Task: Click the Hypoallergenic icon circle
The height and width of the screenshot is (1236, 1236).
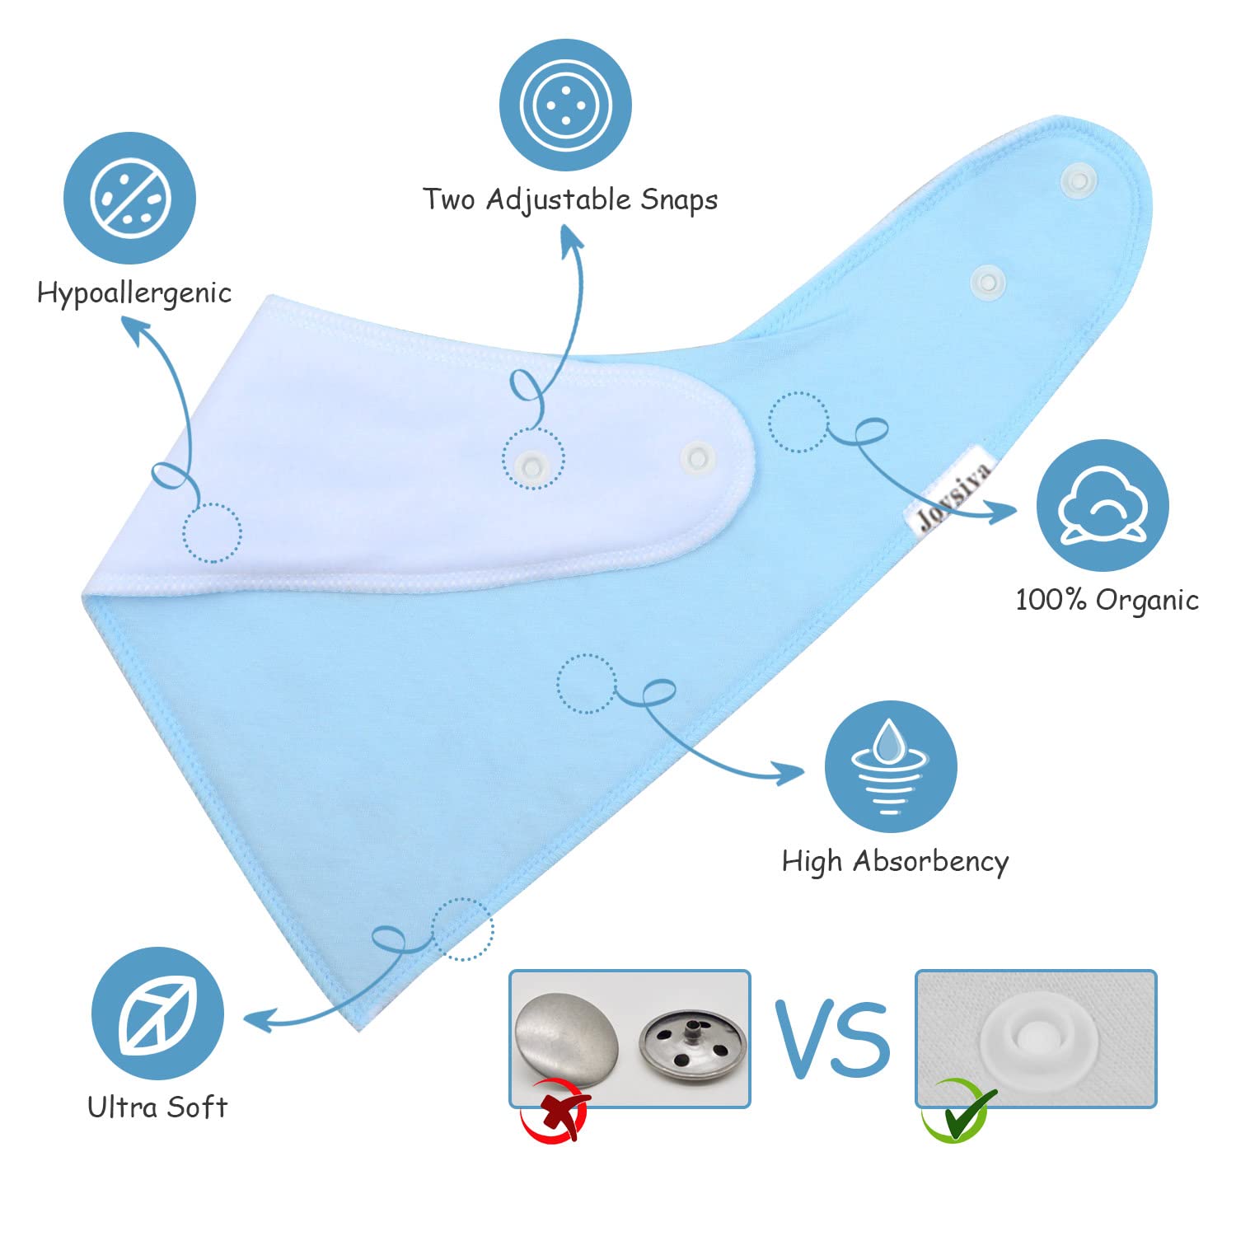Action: pyautogui.click(x=130, y=199)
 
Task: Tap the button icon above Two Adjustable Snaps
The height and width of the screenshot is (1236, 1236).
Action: pyautogui.click(x=565, y=105)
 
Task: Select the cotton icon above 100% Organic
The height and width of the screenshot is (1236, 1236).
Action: pyautogui.click(x=1103, y=506)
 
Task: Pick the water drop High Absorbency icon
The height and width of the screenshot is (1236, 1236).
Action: pyautogui.click(x=891, y=767)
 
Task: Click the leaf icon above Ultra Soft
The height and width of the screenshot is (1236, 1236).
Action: pyautogui.click(x=157, y=1014)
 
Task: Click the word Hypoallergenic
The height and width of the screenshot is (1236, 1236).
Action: pyautogui.click(x=134, y=294)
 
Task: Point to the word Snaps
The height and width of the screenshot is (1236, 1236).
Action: pyautogui.click(x=679, y=200)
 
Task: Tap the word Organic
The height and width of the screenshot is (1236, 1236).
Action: pyautogui.click(x=1147, y=601)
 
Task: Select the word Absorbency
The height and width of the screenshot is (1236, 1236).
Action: pyautogui.click(x=930, y=862)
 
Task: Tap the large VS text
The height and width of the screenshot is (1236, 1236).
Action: pyautogui.click(x=832, y=1039)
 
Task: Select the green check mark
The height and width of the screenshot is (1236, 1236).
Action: pyautogui.click(x=958, y=1110)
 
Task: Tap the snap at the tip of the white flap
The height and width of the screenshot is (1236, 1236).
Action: pyautogui.click(x=697, y=456)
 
